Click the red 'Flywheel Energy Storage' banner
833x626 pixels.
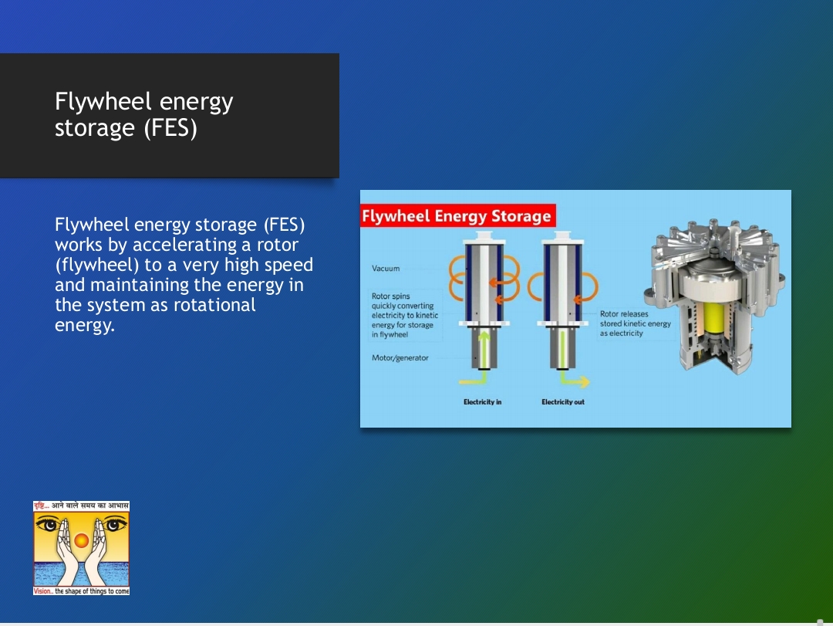pos(458,216)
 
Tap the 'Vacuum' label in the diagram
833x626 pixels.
pos(386,269)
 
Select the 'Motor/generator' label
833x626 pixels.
pos(400,358)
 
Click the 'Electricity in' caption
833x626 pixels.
pos(482,402)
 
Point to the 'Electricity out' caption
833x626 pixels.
pos(563,402)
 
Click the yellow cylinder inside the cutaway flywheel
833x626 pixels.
pos(714,318)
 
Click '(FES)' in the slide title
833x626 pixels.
pos(170,127)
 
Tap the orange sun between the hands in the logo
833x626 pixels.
pos(81,540)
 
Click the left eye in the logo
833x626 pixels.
pos(49,524)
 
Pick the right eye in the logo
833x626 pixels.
pos(113,524)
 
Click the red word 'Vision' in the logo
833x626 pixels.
pos(42,591)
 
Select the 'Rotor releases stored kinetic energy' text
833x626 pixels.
pos(636,323)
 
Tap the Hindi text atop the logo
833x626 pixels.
pos(81,506)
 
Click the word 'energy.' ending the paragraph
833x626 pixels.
pos(85,325)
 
